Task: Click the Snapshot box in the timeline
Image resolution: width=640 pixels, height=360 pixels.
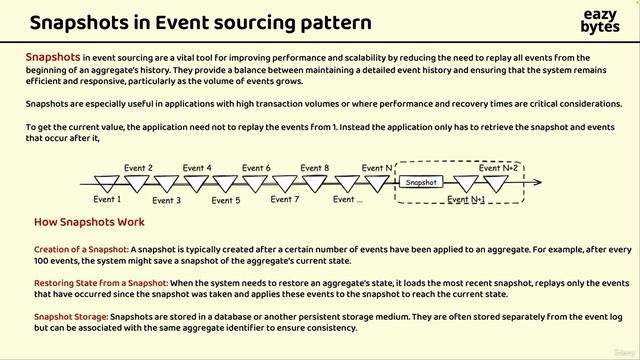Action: tap(420, 183)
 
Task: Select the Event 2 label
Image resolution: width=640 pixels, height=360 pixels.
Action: tap(138, 168)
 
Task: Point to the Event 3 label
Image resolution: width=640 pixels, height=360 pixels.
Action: tap(165, 200)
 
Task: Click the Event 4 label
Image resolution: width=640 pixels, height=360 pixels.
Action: tap(196, 168)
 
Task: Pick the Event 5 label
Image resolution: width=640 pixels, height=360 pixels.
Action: tap(225, 200)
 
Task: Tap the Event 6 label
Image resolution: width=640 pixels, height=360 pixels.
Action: tap(256, 168)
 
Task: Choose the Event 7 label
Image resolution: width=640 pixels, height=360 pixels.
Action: tap(285, 200)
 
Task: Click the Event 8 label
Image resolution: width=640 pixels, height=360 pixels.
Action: tap(315, 168)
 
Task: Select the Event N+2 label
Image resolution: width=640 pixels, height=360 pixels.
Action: tap(498, 168)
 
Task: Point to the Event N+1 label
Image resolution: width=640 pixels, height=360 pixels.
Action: tap(466, 200)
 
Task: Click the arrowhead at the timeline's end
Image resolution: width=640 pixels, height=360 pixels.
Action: tap(540, 183)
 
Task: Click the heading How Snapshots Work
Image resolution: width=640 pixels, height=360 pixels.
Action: tap(89, 222)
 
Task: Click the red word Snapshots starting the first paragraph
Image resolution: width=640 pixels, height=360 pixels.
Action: tap(52, 58)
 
